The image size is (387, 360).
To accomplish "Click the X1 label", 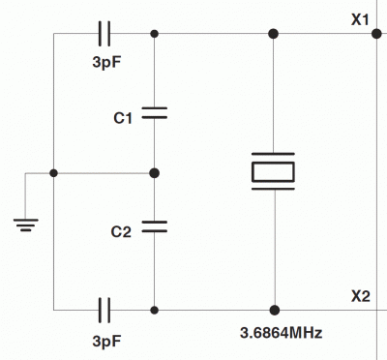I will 361,18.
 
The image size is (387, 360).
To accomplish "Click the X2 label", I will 361,295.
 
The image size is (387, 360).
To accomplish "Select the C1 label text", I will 123,118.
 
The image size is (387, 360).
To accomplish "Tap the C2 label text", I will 123,232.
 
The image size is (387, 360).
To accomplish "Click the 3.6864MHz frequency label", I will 281,333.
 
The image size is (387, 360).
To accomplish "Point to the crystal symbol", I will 274,171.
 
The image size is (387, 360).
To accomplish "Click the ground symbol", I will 27,225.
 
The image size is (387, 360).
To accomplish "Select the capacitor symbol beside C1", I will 155,114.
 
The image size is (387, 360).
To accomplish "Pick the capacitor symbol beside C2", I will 155,228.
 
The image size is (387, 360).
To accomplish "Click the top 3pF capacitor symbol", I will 105,34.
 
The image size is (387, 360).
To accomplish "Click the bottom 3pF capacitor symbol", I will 105,310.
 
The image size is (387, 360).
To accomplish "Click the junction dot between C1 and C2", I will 155,172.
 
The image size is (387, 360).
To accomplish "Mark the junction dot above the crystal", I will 274,34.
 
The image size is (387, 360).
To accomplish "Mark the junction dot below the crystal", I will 274,310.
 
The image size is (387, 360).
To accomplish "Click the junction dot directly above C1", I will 155,34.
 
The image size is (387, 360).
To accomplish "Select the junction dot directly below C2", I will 155,310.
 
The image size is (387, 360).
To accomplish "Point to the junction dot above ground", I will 53,172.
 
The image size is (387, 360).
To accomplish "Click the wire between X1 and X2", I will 374,165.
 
